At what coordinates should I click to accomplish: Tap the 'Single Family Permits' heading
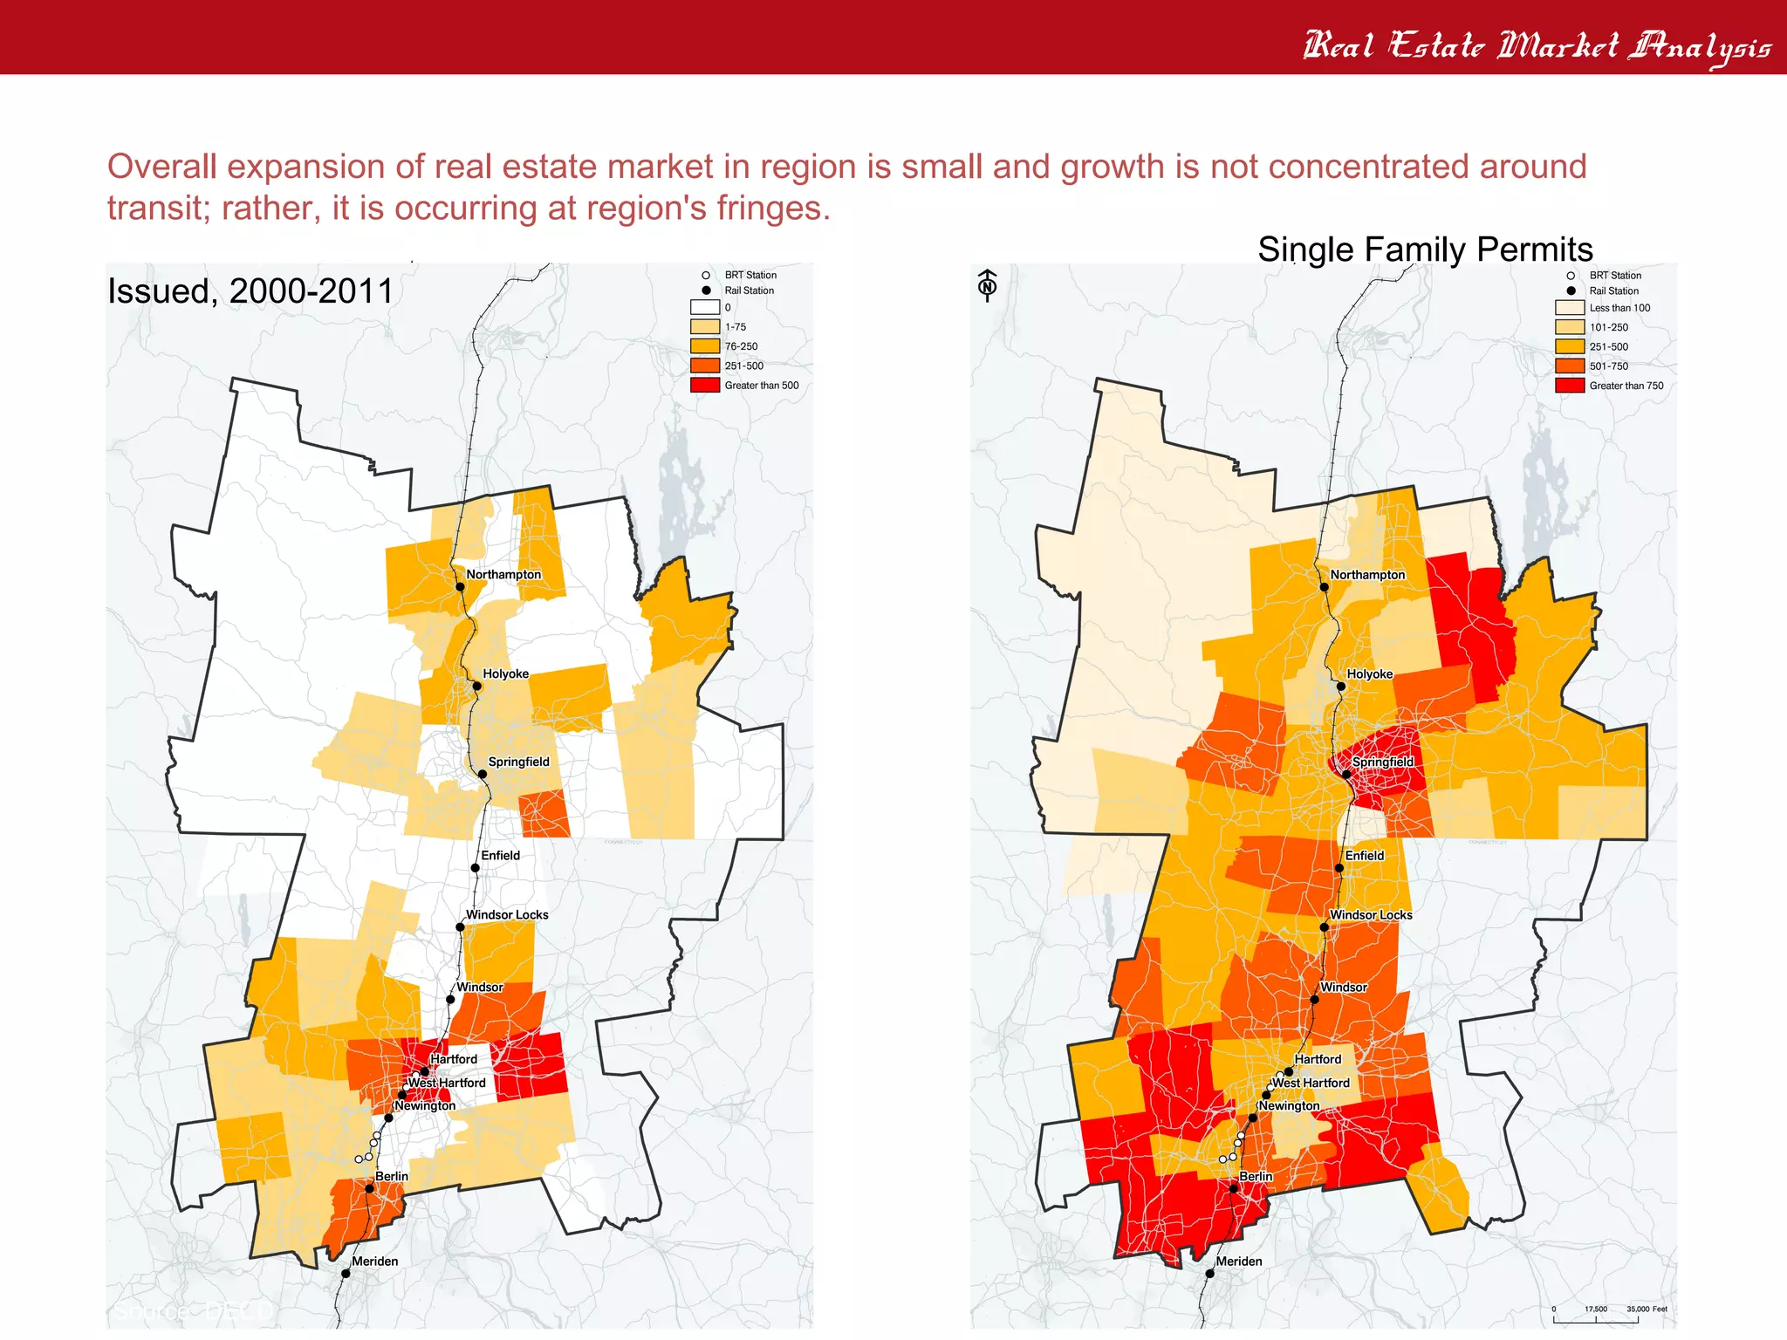click(1425, 250)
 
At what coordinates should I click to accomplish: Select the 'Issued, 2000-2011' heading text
click(250, 291)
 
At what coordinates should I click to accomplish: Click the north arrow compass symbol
click(987, 285)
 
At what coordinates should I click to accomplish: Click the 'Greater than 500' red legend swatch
click(704, 385)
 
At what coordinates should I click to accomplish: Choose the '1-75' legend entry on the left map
click(735, 327)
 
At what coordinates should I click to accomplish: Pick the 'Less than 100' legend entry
click(1619, 308)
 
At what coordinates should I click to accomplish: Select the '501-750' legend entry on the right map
click(1608, 366)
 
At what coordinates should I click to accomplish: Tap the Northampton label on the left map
click(503, 575)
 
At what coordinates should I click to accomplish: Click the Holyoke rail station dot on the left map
click(477, 687)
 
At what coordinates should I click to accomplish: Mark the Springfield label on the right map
click(1383, 762)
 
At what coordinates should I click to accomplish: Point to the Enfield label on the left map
click(500, 856)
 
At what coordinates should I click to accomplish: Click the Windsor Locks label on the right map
click(1371, 915)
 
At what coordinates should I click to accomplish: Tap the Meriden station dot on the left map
click(346, 1274)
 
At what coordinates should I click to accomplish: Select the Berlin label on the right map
click(1256, 1177)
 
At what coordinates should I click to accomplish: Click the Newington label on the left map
click(425, 1106)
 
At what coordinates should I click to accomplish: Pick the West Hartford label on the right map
click(1311, 1083)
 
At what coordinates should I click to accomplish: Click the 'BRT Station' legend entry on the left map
click(750, 276)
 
